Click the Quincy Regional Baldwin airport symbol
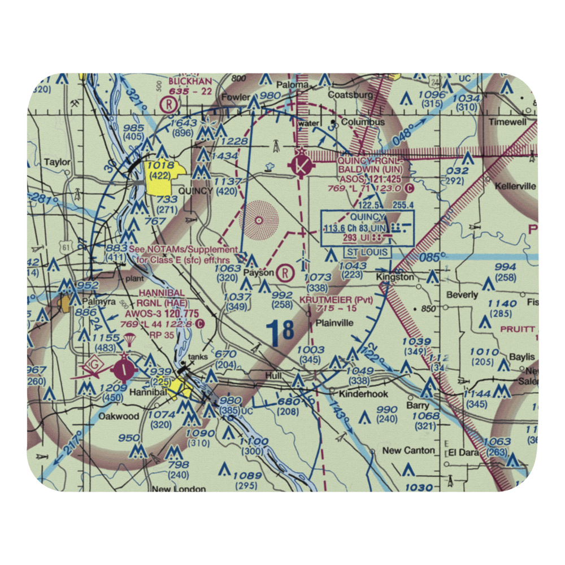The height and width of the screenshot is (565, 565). [301, 166]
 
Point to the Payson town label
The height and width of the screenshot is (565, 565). [258, 273]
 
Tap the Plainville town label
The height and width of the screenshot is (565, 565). [334, 323]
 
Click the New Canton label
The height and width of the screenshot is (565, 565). [408, 450]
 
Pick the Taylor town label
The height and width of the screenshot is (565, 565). [58, 162]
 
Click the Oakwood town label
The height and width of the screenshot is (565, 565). [119, 416]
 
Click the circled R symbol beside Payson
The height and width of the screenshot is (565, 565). [286, 273]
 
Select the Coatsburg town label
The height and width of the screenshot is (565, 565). [351, 95]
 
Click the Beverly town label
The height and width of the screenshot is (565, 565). [462, 295]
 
